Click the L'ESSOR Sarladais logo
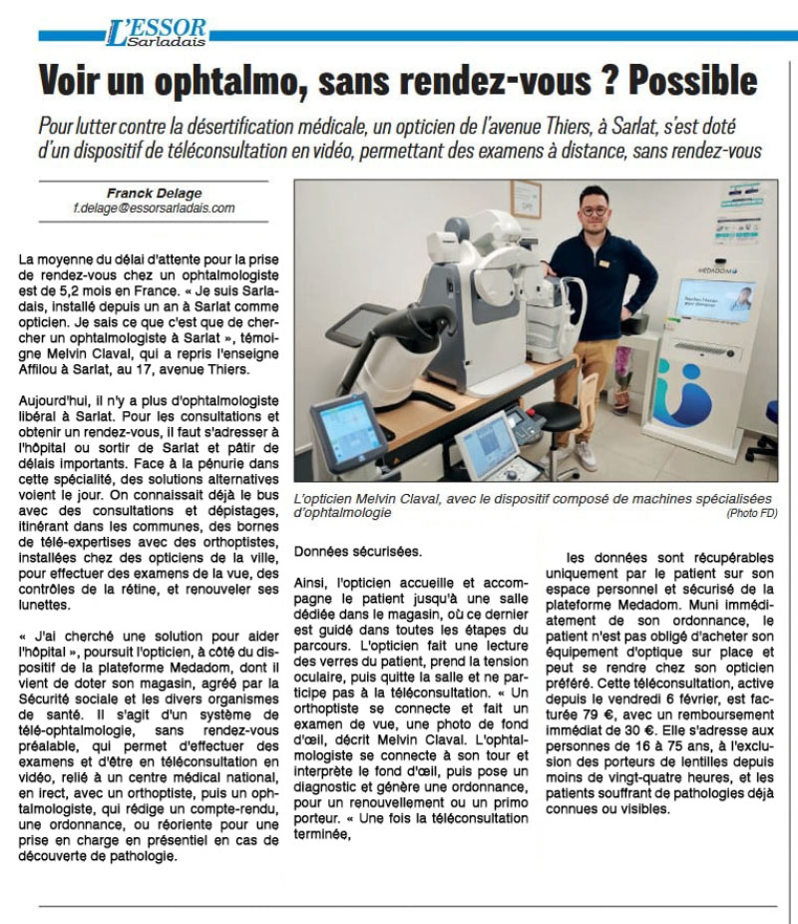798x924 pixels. coord(156,33)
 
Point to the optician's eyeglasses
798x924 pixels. coord(595,212)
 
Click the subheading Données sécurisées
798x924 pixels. coord(358,552)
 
